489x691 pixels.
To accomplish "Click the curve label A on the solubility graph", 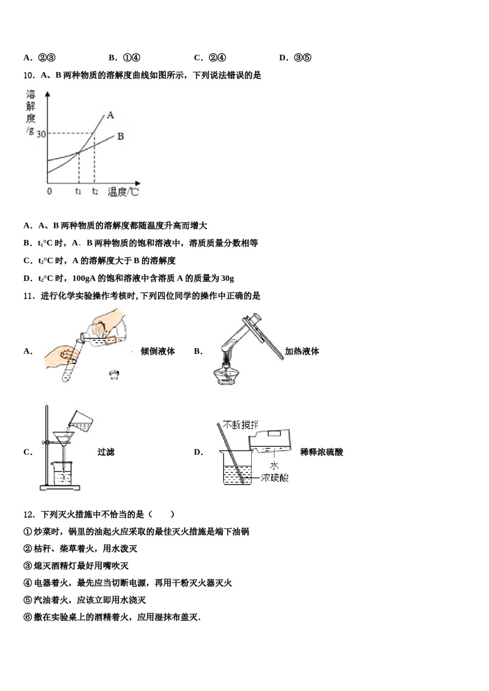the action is click(110, 115).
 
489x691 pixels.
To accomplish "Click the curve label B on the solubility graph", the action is click(120, 136).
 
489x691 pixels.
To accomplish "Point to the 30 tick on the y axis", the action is click(41, 134).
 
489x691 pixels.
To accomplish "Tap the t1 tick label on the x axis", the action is click(78, 191).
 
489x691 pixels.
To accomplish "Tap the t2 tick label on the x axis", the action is click(95, 191).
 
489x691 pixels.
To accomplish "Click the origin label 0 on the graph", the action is click(49, 191).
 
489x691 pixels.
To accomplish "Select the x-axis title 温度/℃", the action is click(124, 192).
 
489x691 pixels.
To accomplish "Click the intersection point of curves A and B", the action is click(78, 152).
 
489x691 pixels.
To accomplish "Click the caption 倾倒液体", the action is click(158, 351).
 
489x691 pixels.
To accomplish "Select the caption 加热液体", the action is click(302, 351).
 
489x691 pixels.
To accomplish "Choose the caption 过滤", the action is click(106, 452).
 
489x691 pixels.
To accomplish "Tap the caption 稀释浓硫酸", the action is click(321, 452).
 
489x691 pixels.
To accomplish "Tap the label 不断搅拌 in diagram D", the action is click(241, 425).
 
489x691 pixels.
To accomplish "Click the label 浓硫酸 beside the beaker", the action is click(274, 478).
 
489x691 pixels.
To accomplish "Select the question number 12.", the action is click(29, 514).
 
